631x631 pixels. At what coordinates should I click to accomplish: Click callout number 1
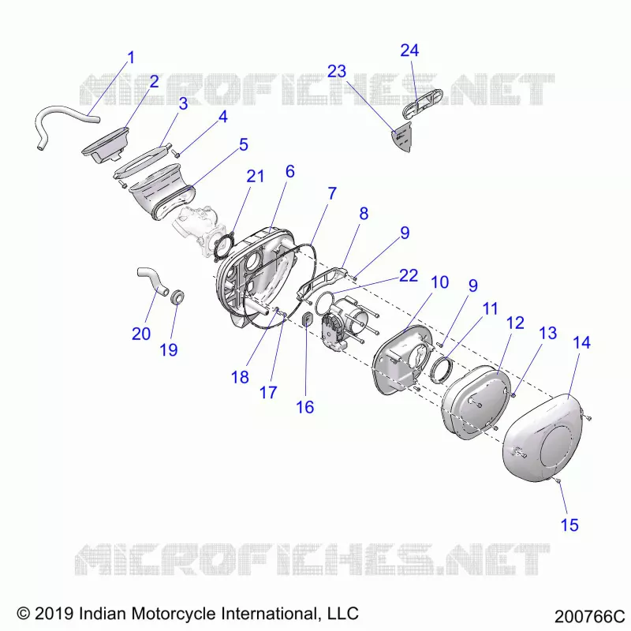pos(131,58)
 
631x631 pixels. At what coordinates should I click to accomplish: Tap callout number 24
pos(409,50)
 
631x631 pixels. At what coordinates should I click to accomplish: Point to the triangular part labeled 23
pos(403,136)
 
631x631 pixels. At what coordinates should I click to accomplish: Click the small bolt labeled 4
pos(175,153)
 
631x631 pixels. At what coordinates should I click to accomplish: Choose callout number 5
pos(244,145)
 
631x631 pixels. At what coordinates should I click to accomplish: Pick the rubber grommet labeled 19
pos(177,297)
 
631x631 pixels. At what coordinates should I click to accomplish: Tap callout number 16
pos(304,407)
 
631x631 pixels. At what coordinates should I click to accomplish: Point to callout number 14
pos(581,343)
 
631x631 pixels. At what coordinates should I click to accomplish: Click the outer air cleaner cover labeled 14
pos(543,438)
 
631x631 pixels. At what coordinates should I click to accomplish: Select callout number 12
pos(515,323)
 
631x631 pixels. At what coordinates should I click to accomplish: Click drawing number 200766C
pos(589,617)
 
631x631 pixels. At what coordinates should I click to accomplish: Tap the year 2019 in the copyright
pos(54,614)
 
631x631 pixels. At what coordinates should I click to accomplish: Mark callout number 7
pos(331,193)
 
